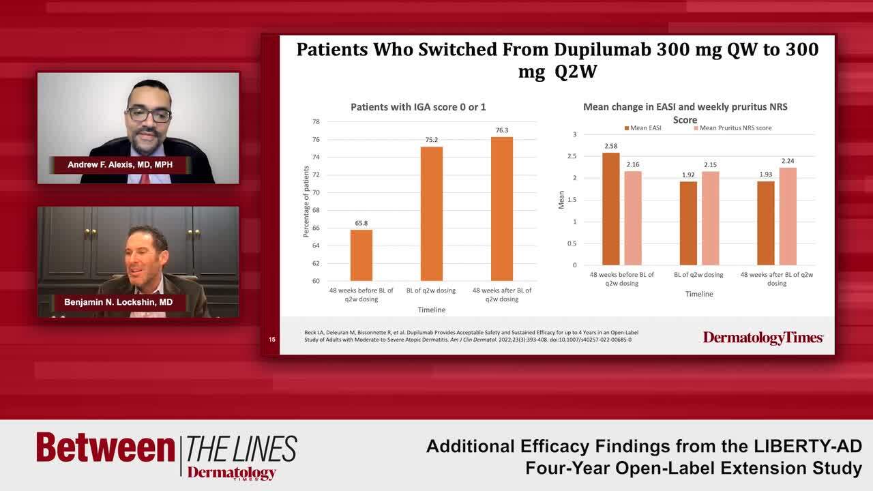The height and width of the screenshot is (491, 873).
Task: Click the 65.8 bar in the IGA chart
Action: pyautogui.click(x=361, y=255)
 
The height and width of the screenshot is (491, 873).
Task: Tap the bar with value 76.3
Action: pyautogui.click(x=501, y=209)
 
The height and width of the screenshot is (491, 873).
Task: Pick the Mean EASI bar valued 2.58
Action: pyautogui.click(x=611, y=209)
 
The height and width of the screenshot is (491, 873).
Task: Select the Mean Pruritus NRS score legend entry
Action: pyautogui.click(x=733, y=128)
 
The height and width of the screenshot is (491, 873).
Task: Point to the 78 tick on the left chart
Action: pyautogui.click(x=316, y=122)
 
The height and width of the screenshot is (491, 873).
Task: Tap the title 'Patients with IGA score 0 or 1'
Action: pyautogui.click(x=418, y=107)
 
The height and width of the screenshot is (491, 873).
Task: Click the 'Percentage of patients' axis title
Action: pyautogui.click(x=306, y=201)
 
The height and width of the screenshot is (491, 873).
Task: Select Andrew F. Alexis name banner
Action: pyautogui.click(x=129, y=165)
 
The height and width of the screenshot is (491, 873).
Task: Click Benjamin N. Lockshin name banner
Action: pyautogui.click(x=118, y=302)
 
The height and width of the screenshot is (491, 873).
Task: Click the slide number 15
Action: pyautogui.click(x=271, y=339)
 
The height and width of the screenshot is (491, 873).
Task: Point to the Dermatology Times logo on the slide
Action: pyautogui.click(x=763, y=338)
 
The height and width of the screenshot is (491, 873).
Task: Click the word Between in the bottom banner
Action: pyautogui.click(x=106, y=448)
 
